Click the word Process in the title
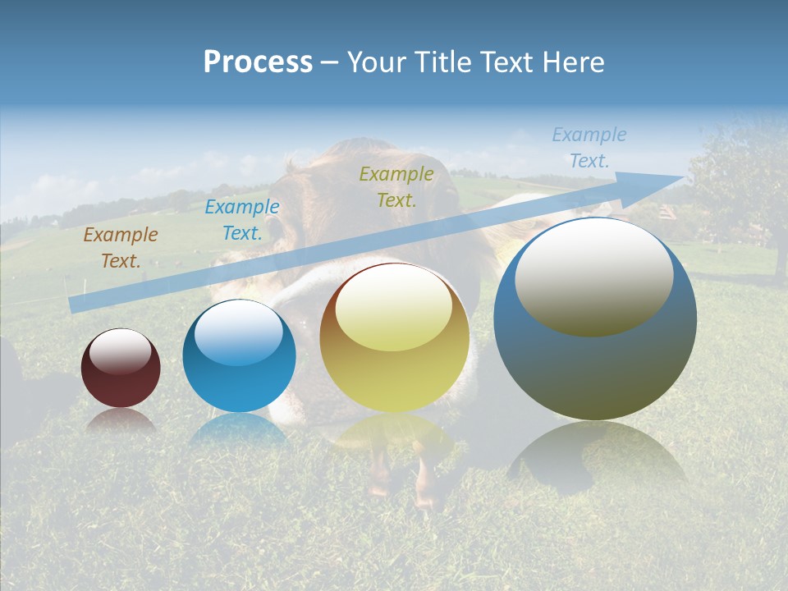point(258,62)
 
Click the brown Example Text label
point(121,247)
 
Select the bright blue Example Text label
point(242,220)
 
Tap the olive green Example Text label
point(396,186)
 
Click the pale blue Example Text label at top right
point(589,148)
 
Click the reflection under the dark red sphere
point(121,421)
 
